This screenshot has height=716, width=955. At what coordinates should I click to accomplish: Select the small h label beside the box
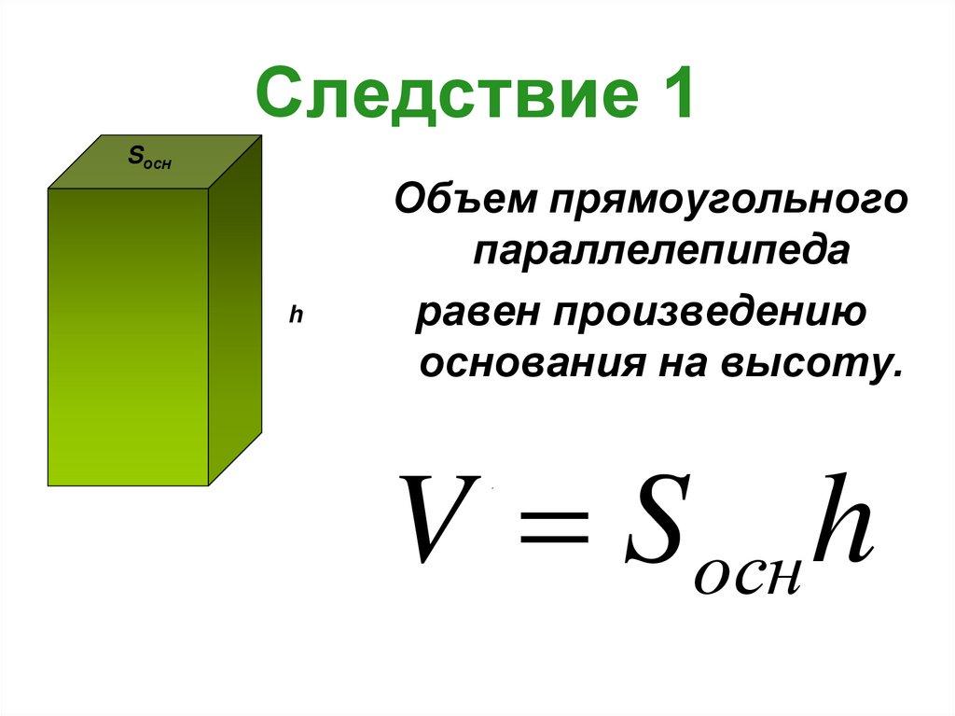[295, 316]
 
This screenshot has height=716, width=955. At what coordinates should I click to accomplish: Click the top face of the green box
[154, 173]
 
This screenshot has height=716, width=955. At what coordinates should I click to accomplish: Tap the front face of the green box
[128, 336]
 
